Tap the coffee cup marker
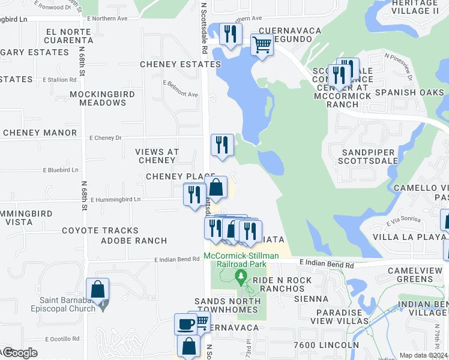[x=185, y=325]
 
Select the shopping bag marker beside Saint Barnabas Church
[x=97, y=290]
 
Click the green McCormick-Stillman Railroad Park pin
[x=241, y=276]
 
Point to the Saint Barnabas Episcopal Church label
[x=67, y=305]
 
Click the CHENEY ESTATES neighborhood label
[x=180, y=64]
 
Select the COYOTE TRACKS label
[x=100, y=230]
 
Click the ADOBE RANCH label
[x=133, y=241]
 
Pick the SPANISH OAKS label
[x=409, y=92]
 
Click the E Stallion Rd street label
[x=59, y=79]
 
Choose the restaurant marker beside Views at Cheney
[x=222, y=145]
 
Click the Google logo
[x=20, y=353]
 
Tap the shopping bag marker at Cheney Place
[x=216, y=187]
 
